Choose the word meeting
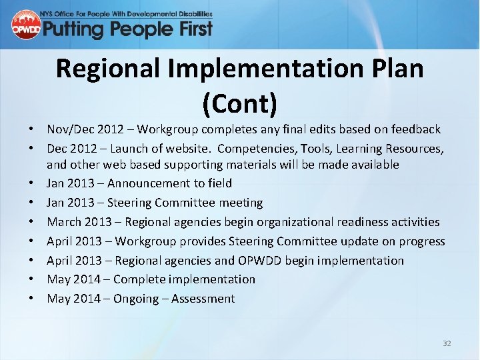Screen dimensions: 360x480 pyautogui.click(x=239, y=202)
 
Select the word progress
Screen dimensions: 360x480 pyautogui.click(x=421, y=241)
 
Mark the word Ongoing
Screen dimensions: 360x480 pyautogui.click(x=137, y=299)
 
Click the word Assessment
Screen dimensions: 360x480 pyautogui.click(x=203, y=299)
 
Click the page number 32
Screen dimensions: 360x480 pyautogui.click(x=447, y=343)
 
